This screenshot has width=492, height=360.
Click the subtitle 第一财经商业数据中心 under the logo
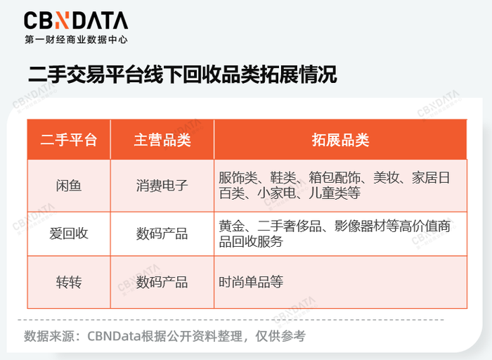coord(76,40)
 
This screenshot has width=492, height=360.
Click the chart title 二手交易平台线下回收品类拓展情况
coord(182,75)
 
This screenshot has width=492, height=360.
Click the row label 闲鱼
coord(68,186)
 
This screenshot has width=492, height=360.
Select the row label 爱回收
coord(68,233)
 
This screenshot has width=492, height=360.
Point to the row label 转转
coord(68,282)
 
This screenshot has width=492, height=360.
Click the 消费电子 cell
coord(162,186)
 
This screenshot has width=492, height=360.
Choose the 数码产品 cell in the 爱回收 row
coord(162,233)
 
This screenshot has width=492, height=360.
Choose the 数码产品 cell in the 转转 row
coord(162,282)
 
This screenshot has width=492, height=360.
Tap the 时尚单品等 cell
coord(251,282)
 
